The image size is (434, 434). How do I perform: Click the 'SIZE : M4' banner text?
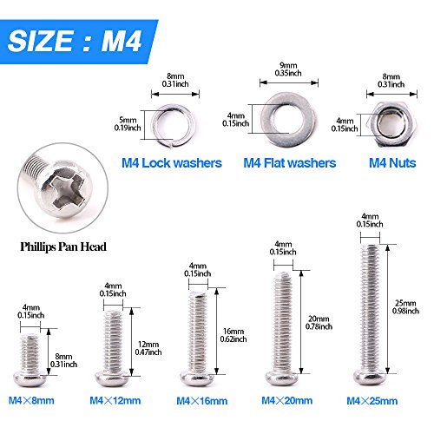(75, 41)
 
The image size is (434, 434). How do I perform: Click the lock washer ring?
(154, 126)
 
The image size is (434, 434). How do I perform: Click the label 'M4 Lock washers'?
(172, 163)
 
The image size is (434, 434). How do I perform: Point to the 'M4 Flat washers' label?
(290, 163)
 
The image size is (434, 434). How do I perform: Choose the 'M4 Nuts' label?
(392, 163)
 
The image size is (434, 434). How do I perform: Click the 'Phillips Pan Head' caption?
(63, 247)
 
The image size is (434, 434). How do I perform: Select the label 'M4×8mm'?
(31, 401)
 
